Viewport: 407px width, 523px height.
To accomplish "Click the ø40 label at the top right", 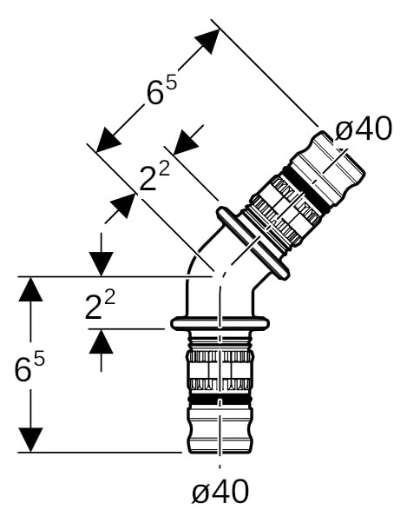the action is (364, 129).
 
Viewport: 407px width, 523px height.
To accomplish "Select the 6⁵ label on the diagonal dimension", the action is (161, 90).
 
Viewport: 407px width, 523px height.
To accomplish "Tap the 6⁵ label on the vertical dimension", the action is (30, 367).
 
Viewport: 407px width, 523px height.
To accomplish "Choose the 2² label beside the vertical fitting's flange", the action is (101, 305).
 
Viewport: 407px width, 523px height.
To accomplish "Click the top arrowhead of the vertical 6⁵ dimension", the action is (30, 288).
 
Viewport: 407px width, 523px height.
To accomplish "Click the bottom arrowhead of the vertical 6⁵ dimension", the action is (30, 440).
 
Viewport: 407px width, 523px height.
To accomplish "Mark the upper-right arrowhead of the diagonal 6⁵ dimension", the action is (207, 41).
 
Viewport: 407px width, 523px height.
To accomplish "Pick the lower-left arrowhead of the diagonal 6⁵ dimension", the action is (108, 140).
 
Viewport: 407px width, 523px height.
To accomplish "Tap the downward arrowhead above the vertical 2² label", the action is (102, 264).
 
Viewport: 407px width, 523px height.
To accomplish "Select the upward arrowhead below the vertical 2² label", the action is (102, 341).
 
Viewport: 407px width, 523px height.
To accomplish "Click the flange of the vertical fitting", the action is (220, 323).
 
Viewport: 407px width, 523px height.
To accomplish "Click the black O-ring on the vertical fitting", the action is (220, 400).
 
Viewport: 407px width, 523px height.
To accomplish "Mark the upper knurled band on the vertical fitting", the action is (220, 356).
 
